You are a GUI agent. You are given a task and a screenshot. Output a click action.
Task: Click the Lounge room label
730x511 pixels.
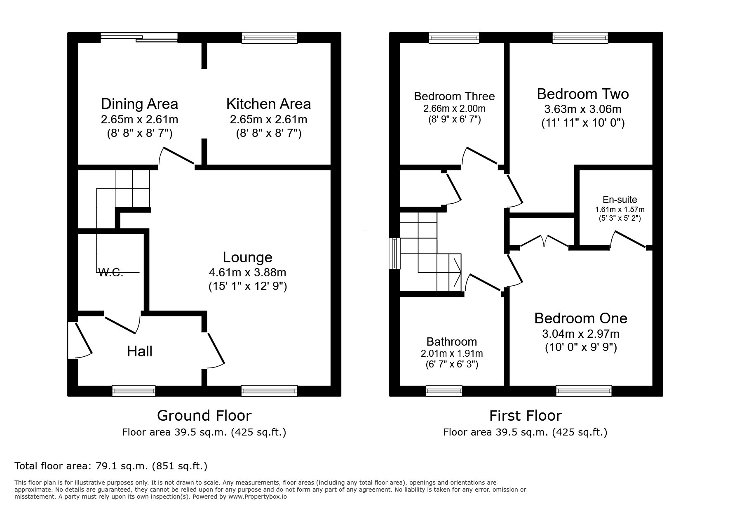(247, 257)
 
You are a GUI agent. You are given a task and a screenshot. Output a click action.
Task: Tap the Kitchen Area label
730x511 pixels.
(268, 104)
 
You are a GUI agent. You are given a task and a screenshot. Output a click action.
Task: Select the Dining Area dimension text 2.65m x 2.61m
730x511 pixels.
(139, 120)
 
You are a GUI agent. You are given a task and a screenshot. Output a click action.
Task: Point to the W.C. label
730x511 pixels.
(111, 272)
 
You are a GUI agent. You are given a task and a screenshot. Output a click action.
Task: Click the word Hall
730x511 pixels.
(140, 351)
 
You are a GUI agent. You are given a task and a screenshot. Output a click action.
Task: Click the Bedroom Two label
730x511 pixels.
(582, 94)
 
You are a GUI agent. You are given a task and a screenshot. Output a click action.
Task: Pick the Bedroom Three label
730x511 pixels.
(454, 97)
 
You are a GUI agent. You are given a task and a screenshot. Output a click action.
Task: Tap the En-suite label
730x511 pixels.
(620, 200)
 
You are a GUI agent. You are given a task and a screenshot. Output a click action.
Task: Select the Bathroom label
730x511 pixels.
(451, 341)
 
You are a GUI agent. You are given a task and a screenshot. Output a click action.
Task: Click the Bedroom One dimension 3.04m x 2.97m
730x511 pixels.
(581, 334)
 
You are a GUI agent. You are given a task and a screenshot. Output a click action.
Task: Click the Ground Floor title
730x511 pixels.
(204, 415)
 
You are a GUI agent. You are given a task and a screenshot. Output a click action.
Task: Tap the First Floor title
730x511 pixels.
(526, 415)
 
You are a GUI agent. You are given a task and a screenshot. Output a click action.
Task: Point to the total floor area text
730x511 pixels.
(111, 466)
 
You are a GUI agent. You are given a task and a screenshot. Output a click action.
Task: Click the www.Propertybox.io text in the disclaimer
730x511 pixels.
(257, 497)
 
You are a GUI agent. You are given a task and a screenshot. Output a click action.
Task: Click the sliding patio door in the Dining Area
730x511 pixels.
(139, 38)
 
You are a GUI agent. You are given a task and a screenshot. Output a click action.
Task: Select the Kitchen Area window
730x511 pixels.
(269, 38)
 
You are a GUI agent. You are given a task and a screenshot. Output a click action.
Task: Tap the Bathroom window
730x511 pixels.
(444, 391)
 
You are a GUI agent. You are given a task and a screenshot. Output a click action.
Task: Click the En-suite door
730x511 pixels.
(628, 240)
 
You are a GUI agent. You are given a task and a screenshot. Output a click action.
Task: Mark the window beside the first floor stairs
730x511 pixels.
(395, 254)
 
